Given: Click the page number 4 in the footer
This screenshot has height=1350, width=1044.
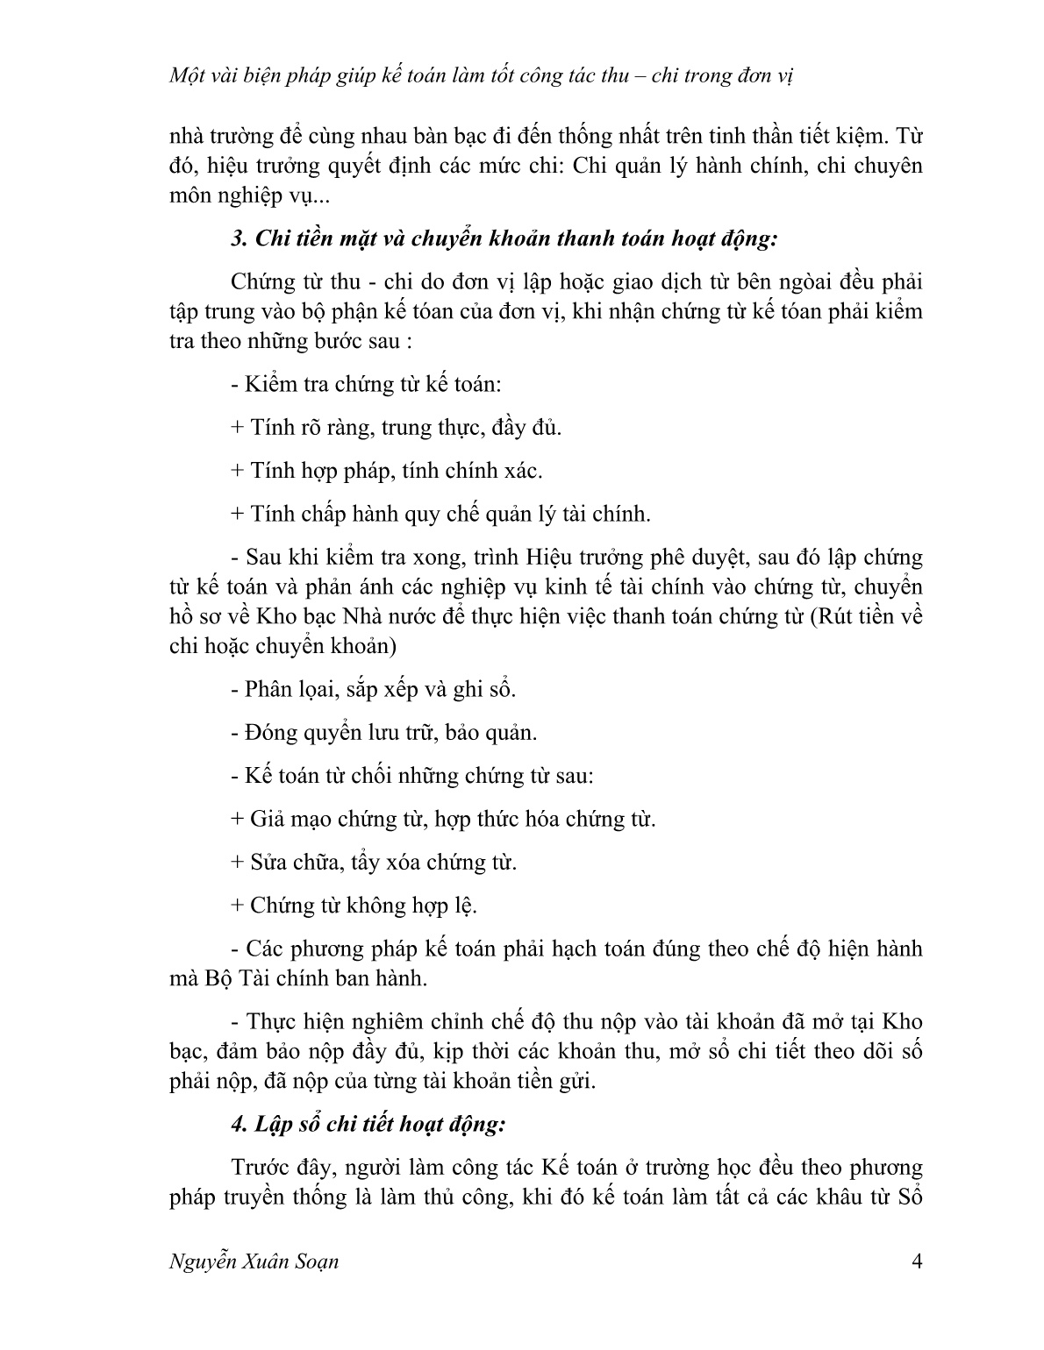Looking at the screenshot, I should point(917,1262).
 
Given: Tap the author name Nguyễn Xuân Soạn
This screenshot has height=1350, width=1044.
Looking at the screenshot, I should point(254,1263).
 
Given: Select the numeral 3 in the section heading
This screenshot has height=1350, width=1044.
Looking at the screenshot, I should point(236,238).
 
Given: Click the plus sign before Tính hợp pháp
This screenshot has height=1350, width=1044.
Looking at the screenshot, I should point(237,471).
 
